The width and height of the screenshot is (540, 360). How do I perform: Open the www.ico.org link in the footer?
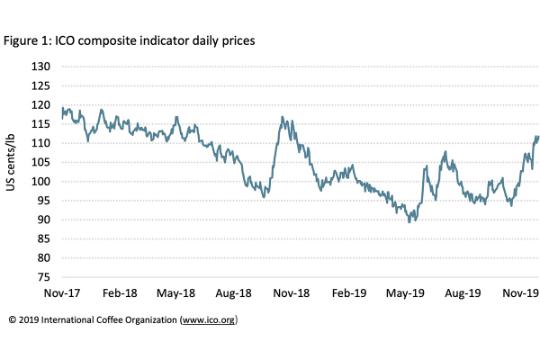click(208, 319)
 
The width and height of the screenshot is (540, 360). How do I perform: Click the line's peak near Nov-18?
click(283, 117)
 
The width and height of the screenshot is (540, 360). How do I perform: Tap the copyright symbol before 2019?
click(13, 319)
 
